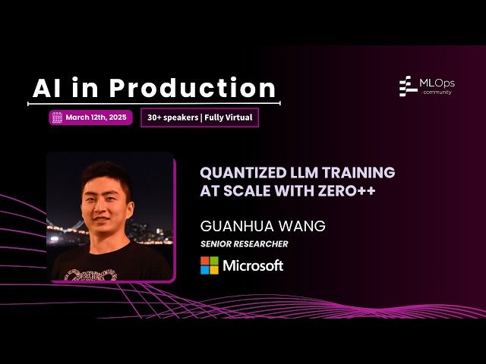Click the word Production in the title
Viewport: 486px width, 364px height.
pos(193,89)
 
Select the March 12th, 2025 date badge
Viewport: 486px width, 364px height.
pos(91,118)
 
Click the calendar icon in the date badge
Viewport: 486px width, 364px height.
pos(57,118)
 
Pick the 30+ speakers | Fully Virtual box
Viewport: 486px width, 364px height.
pos(200,118)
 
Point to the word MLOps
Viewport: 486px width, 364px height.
pos(439,82)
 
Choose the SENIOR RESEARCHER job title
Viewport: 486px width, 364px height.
pos(244,243)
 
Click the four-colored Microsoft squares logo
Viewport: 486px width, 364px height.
pos(209,265)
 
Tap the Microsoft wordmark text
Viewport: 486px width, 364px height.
pos(253,265)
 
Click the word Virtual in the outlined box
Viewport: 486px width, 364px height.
pos(238,118)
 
